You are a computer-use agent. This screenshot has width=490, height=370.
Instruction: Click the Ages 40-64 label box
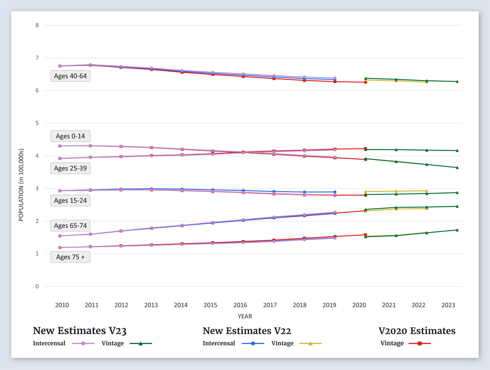coord(70,76)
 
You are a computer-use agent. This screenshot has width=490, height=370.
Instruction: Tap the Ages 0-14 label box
coord(70,136)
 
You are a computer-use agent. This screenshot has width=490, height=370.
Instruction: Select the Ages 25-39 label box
coord(70,168)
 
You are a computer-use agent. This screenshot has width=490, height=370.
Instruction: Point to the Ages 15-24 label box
coord(70,201)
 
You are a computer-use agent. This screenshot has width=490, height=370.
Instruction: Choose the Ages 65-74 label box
coord(70,226)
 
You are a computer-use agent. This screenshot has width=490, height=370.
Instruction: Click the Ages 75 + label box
coord(70,257)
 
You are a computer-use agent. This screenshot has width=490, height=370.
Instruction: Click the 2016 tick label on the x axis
coord(240,305)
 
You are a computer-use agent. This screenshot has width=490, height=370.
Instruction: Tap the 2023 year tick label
coord(448,305)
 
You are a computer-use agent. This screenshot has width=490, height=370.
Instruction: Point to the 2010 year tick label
coord(62,305)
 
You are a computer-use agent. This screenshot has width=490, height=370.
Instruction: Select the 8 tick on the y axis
coord(37,25)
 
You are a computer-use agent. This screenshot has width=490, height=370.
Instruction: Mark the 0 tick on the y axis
coord(37,287)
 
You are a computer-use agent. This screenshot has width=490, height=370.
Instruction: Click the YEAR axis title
coord(245,316)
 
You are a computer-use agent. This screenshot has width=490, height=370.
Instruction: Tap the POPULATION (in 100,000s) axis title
coord(21,185)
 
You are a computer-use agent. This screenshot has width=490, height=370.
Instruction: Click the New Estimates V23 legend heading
coord(80,331)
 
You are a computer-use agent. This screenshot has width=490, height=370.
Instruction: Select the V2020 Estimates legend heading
coord(417,331)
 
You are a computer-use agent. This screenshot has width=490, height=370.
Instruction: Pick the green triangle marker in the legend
coord(141,344)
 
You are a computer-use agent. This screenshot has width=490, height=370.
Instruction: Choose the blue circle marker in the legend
coord(253,344)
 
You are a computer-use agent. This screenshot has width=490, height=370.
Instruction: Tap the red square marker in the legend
coord(419,344)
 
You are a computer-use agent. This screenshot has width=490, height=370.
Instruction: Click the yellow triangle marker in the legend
coord(310,344)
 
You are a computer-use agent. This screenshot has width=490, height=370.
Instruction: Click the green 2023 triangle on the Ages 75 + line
coord(457,230)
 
